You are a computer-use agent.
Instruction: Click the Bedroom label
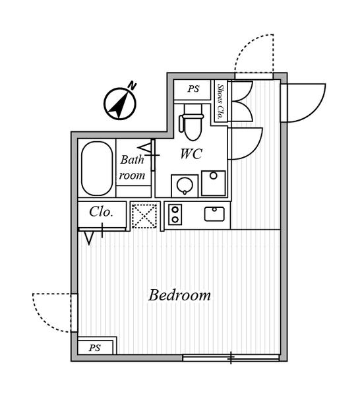coord(179,295)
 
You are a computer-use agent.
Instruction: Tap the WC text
coord(191,154)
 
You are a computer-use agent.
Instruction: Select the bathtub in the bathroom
coord(97,168)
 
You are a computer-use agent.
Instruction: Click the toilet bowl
coord(193,123)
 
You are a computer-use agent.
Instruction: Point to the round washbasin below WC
coord(185,185)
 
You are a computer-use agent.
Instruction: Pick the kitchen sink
coord(214,214)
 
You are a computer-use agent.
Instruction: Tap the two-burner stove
coord(175,214)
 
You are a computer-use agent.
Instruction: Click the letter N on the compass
coord(132,85)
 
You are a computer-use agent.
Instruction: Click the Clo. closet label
coord(101,212)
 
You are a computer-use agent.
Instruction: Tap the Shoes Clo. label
coord(221,102)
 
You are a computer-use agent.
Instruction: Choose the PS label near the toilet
coord(193,88)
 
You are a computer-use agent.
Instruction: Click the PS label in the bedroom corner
coord(94,348)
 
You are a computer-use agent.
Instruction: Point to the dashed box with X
coord(144,216)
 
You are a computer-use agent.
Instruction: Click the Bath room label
coord(132,167)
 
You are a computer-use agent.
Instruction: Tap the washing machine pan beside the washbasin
coord(214,183)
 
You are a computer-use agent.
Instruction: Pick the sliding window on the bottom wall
coord(231,358)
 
